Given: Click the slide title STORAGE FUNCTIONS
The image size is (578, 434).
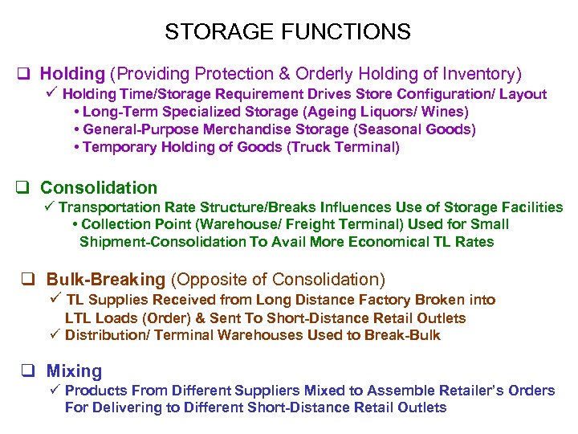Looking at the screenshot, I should pos(287,32).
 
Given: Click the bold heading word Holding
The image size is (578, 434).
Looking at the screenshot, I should pos(72,75).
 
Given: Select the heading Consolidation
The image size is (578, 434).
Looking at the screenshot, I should pos(99,188).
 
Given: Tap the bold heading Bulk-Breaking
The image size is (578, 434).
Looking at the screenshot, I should pos(105,280).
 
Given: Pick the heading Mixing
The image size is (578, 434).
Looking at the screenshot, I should pos(74,371).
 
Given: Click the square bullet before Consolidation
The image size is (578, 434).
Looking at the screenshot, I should pos(23,188).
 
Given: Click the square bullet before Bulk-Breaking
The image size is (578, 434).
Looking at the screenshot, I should pos(29,280).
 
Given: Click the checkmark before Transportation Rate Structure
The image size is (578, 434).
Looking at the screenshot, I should pos(51,207).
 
